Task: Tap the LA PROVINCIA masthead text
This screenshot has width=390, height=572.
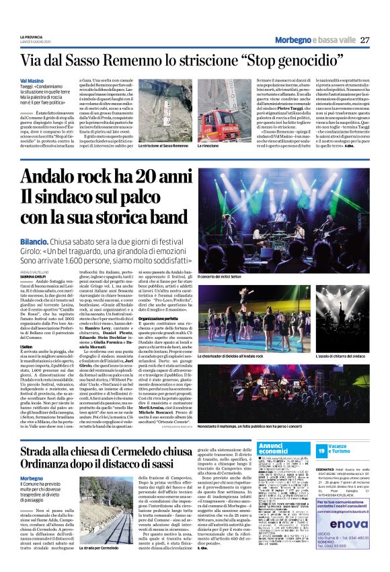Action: [x=32, y=36]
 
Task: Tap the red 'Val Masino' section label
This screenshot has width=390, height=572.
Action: [x=33, y=80]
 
